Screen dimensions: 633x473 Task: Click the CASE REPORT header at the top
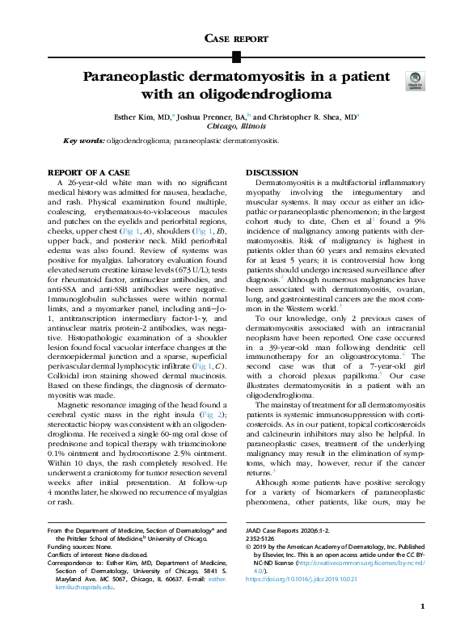point(236,38)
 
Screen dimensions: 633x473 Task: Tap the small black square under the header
point(236,57)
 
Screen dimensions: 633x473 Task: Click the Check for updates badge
point(416,80)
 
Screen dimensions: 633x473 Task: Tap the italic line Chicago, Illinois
point(236,126)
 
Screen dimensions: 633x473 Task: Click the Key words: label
point(84,141)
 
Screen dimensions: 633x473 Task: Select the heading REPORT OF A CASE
point(89,174)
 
